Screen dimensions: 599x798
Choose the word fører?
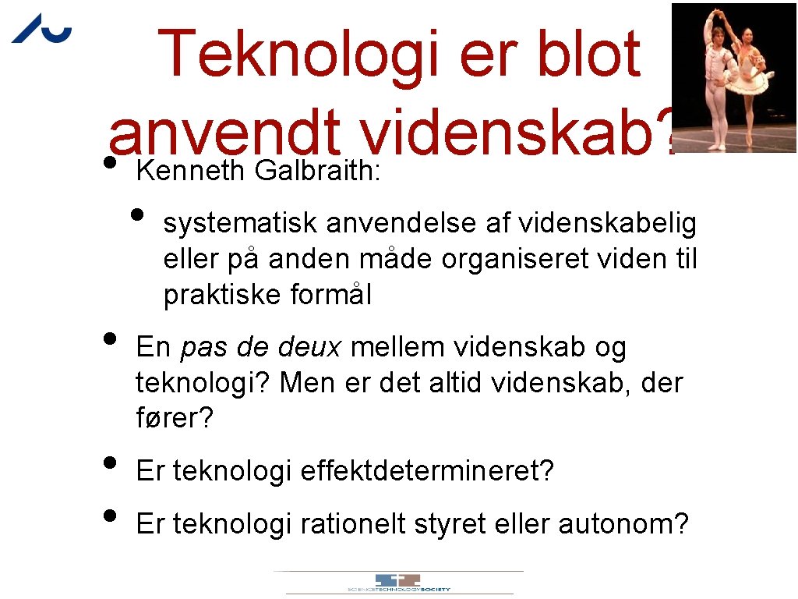[174, 420]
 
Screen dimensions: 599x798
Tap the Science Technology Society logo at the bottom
[398, 583]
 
